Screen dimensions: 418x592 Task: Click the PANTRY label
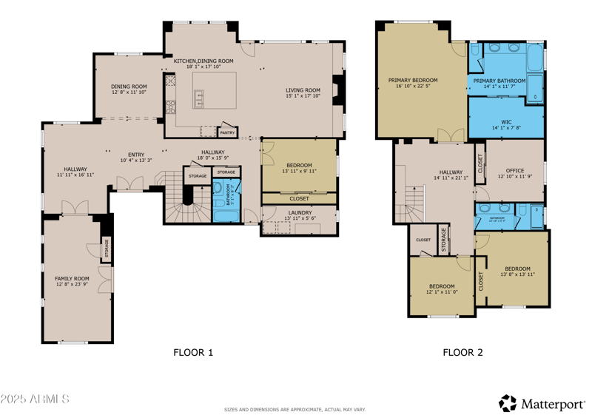(x=227, y=133)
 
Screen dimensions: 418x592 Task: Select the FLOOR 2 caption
(x=462, y=353)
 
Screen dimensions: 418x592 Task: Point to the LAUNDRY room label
(x=300, y=213)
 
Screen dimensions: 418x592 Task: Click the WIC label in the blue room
(x=506, y=121)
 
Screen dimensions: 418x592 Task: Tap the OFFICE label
(x=514, y=171)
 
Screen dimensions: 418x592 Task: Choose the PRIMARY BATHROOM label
(x=499, y=81)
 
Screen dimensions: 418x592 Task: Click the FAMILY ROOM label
(x=72, y=278)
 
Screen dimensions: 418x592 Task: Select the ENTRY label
(x=135, y=155)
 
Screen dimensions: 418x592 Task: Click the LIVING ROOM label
(x=303, y=90)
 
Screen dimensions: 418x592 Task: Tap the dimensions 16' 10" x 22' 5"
(x=413, y=87)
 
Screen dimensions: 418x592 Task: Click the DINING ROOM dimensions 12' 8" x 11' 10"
(x=129, y=92)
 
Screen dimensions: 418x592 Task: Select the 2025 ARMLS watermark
(x=35, y=400)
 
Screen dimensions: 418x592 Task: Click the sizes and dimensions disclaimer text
(x=295, y=409)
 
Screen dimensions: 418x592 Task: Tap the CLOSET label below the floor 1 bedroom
(x=299, y=198)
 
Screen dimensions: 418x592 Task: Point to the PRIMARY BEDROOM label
(x=413, y=80)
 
